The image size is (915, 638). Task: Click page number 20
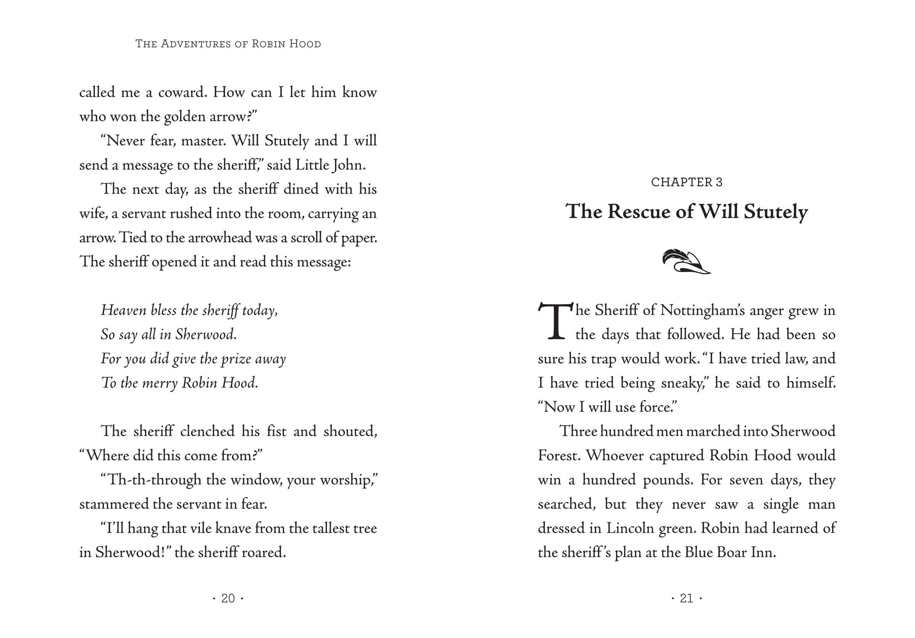point(228,598)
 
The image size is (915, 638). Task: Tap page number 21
point(686,598)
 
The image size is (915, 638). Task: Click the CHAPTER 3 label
point(687,182)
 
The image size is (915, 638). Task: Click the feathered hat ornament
point(686,262)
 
